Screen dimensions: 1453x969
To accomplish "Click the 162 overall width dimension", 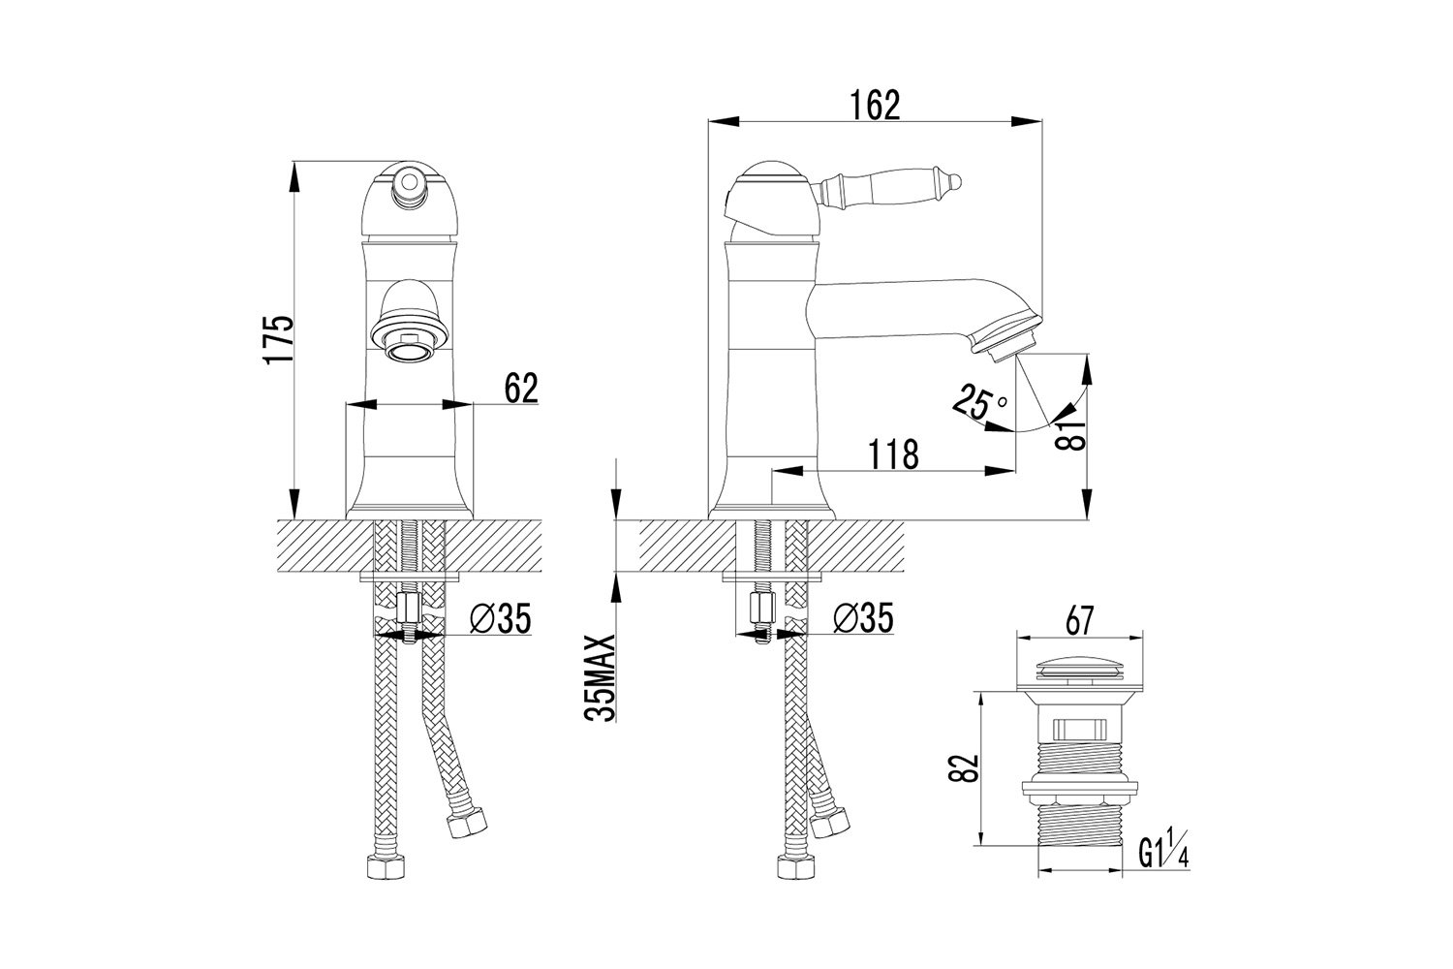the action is [875, 106].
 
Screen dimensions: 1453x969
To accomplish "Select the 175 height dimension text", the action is [280, 341].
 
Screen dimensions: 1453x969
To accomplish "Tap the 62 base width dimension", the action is [521, 389].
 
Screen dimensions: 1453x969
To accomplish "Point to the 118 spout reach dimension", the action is [894, 454].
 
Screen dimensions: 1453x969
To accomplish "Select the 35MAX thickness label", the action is [599, 677].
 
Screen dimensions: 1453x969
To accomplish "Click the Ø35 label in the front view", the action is [500, 618].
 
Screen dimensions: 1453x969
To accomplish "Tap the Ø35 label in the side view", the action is [863, 618].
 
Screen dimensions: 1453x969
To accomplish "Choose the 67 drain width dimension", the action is [1079, 621].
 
